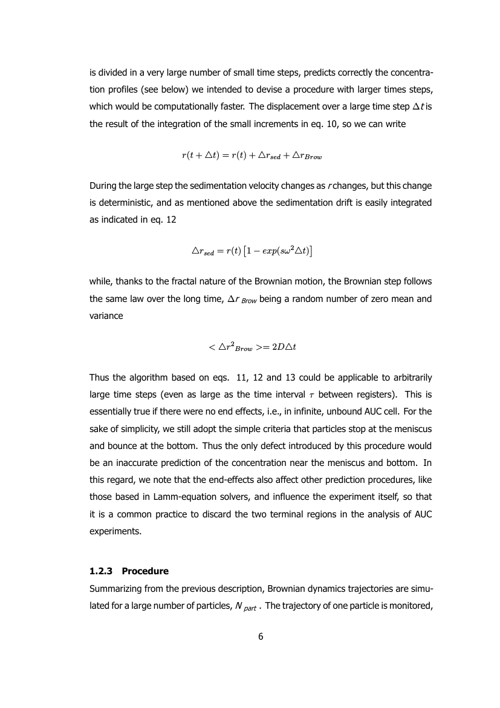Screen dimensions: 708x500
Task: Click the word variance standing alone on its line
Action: pyautogui.click(x=106, y=316)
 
